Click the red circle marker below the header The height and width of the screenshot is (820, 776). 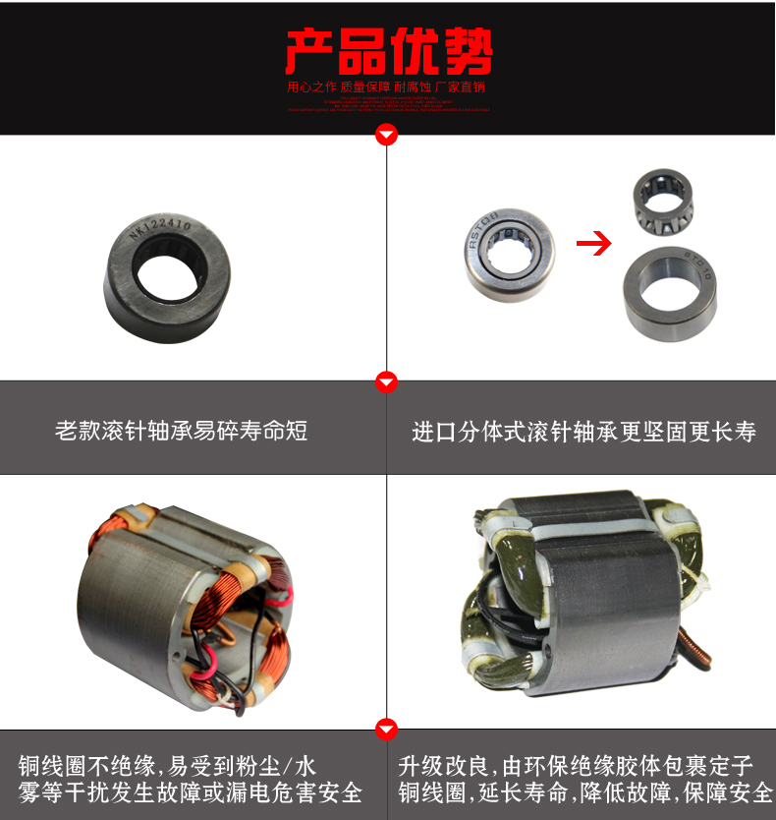[x=388, y=135]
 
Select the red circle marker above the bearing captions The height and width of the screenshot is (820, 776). [x=388, y=381]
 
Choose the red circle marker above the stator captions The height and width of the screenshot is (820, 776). [x=388, y=729]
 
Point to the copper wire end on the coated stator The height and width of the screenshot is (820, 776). [x=698, y=654]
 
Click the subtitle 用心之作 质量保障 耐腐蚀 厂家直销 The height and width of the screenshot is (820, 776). [x=387, y=87]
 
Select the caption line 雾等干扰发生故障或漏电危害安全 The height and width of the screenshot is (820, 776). [x=191, y=792]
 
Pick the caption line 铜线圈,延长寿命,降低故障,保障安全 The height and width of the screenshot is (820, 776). [x=585, y=792]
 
